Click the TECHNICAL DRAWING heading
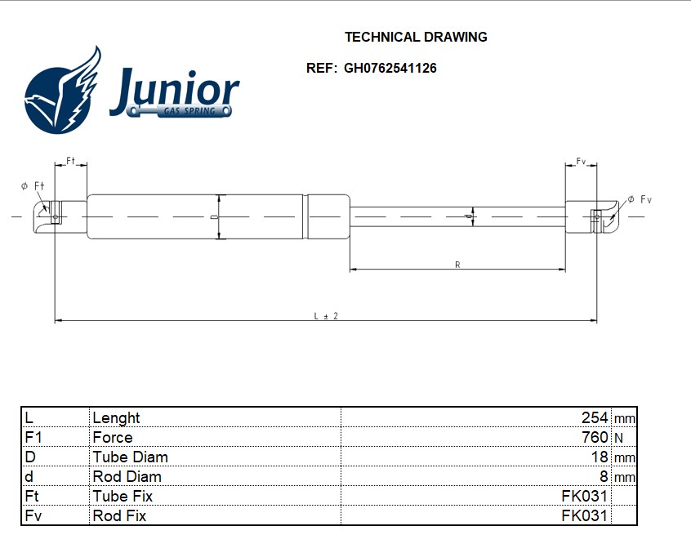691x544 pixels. click(416, 37)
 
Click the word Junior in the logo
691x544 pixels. click(174, 87)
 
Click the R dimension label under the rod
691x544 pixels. click(457, 265)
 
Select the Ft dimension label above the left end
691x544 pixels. click(70, 162)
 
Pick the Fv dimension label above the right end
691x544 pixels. click(581, 162)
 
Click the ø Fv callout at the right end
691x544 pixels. click(640, 199)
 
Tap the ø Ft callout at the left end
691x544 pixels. click(33, 186)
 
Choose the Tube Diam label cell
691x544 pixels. click(131, 457)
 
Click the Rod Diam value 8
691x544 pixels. click(604, 476)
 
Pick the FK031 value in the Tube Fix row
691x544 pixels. click(585, 496)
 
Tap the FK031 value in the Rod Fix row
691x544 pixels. click(585, 515)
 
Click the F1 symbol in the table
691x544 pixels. click(33, 437)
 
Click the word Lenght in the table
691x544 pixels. click(116, 417)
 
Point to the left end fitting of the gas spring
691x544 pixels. click(50, 215)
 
